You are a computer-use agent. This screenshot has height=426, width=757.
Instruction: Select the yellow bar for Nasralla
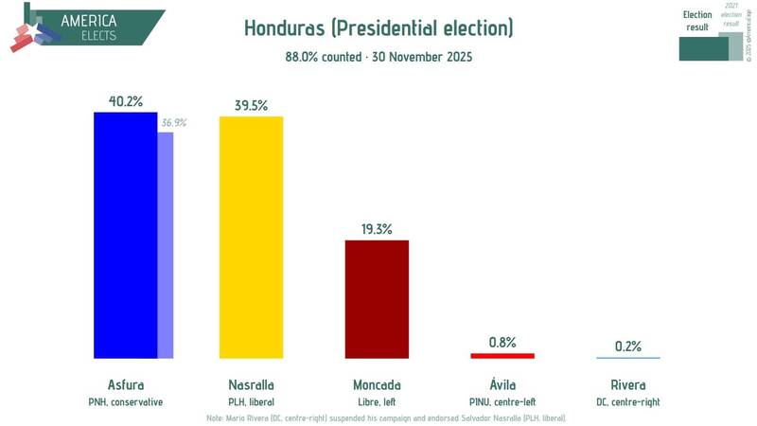pos(251,237)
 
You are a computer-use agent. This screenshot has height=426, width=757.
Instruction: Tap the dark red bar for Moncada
pos(377,299)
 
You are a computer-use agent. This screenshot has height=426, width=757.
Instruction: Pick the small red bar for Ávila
pos(502,356)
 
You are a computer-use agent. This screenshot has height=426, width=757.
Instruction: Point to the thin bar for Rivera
pos(628,358)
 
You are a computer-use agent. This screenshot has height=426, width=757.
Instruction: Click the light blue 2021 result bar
pos(165,246)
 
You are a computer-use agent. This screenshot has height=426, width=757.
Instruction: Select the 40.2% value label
pos(125,100)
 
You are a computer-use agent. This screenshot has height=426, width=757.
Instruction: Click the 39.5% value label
pos(251,104)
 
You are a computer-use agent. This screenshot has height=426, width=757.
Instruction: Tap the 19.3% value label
pos(377,228)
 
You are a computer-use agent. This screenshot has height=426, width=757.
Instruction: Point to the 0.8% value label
pos(502,342)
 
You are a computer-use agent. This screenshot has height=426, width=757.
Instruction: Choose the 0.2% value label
pos(628,346)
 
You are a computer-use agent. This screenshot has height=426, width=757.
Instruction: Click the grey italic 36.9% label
pos(173,123)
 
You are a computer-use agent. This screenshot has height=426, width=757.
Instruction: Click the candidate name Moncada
pos(377,385)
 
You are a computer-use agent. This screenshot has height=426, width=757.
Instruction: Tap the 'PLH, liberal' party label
pos(251,401)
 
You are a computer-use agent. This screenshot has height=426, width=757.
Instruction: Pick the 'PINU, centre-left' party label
pos(502,401)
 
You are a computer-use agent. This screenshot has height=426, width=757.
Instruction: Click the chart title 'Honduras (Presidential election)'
pos(378,27)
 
